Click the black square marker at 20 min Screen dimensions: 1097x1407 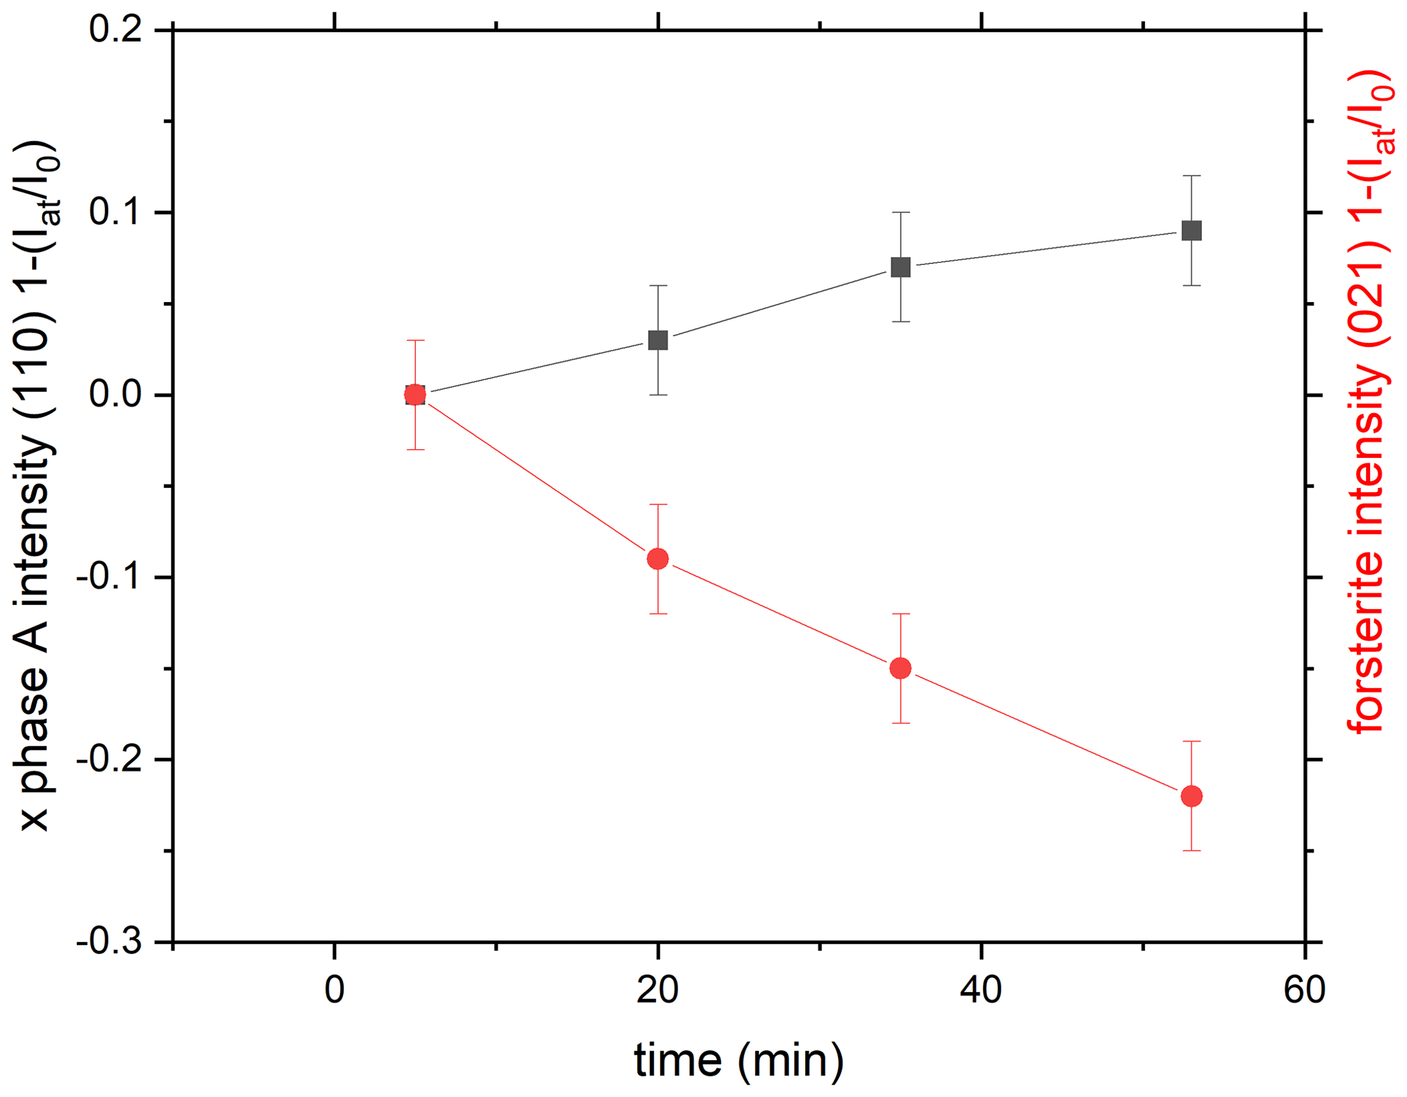click(658, 340)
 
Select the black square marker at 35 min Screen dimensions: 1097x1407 click(901, 267)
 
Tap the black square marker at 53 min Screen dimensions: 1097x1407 click(1191, 231)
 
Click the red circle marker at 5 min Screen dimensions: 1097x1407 click(415, 395)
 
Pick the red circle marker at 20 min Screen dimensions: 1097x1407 click(658, 559)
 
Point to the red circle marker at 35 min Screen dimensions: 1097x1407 click(901, 668)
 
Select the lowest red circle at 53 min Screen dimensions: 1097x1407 click(1191, 796)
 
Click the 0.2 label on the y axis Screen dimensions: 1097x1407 click(115, 31)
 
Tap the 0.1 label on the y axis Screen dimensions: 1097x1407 click(115, 213)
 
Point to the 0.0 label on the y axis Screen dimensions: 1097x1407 click(115, 395)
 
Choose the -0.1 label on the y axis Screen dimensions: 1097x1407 click(109, 578)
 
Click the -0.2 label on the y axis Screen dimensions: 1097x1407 click(109, 760)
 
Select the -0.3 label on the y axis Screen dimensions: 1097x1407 click(109, 943)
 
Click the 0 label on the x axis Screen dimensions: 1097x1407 click(334, 990)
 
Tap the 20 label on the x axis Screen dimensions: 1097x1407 click(658, 990)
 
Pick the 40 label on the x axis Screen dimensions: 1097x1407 click(981, 990)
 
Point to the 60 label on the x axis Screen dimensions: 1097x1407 click(1304, 990)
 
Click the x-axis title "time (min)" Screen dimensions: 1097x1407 click(739, 1060)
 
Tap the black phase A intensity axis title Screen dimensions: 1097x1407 click(37, 487)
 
